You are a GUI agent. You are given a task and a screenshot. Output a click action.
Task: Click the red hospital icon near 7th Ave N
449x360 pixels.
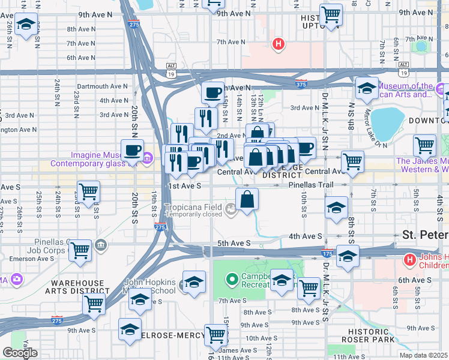click(277, 43)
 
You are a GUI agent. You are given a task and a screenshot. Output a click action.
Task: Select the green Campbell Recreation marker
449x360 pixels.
click(232, 279)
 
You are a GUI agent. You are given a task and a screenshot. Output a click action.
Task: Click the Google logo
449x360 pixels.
click(20, 353)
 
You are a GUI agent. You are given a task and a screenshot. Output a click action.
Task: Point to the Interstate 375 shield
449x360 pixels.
click(301, 83)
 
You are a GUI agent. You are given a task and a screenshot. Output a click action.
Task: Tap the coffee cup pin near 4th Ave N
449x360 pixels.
click(212, 93)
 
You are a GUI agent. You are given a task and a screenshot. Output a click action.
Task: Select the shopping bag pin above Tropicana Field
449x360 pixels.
click(247, 199)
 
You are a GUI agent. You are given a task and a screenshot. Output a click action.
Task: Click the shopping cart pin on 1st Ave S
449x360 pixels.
click(88, 192)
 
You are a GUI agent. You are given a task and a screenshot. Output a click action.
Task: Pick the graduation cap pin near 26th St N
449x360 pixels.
click(25, 25)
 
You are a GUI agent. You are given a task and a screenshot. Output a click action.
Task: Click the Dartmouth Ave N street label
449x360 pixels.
click(103, 86)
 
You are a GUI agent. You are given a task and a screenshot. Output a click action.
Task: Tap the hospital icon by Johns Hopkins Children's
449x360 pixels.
click(409, 260)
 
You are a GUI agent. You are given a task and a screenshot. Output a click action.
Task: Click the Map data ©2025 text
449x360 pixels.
click(423, 355)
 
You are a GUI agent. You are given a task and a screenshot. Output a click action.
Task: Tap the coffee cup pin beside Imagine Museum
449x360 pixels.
click(132, 150)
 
